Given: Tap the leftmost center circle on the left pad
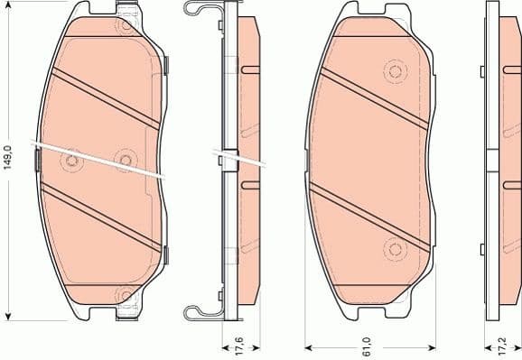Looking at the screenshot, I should pos(70,162).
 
